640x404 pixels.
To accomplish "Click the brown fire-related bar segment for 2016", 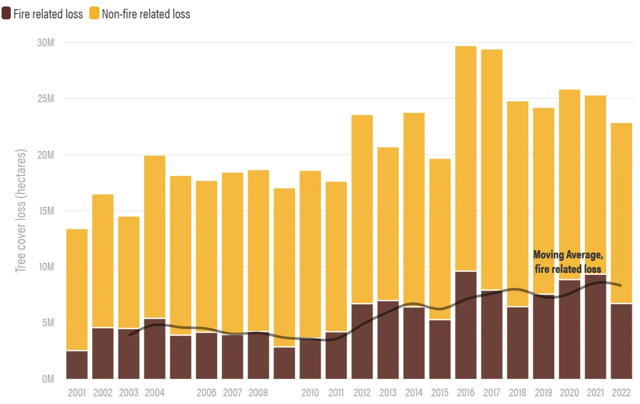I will tap(466, 325).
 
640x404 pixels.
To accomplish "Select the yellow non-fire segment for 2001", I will tap(77, 289).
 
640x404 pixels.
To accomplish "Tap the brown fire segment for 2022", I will tap(621, 341).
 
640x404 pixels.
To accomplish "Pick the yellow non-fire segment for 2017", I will tap(492, 169).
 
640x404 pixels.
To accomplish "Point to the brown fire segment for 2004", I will tap(155, 349).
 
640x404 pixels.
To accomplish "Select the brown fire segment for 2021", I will tap(596, 327).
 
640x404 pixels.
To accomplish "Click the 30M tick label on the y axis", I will tap(45, 43).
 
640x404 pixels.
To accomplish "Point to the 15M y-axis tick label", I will tap(45, 211).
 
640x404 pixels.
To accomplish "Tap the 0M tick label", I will tap(47, 379).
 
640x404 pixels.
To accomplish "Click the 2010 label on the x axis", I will tap(310, 393).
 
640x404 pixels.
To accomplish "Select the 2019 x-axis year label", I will tap(544, 393).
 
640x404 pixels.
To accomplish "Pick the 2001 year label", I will tap(77, 393).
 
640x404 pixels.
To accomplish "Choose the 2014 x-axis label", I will tap(414, 393).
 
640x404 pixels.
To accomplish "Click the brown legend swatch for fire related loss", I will tap(6, 14).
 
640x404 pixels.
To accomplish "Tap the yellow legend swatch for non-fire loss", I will tap(94, 14).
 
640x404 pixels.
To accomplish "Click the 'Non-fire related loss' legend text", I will tap(146, 14).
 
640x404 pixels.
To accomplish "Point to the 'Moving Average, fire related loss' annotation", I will tap(568, 262).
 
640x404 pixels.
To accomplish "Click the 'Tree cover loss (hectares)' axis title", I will tap(21, 211).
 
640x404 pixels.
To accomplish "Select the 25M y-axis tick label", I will tap(45, 99).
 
